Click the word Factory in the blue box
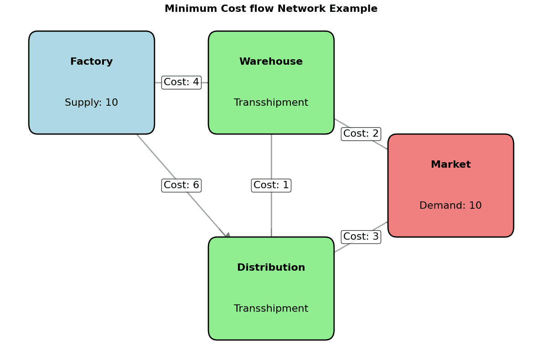[x=91, y=62]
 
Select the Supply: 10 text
[x=91, y=103]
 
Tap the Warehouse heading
[x=271, y=62]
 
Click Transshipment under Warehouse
[x=271, y=103]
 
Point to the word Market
[x=450, y=165]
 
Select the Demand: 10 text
[x=450, y=206]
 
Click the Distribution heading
[x=271, y=267]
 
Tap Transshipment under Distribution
[x=271, y=309]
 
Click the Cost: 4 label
[x=181, y=82]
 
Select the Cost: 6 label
[x=181, y=185]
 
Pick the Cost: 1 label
[x=271, y=185]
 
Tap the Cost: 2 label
[x=361, y=134]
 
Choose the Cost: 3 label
[x=361, y=237]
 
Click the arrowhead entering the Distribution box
[x=227, y=235]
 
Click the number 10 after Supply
[x=112, y=103]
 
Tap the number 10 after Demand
[x=475, y=206]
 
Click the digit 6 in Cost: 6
[x=196, y=185]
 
